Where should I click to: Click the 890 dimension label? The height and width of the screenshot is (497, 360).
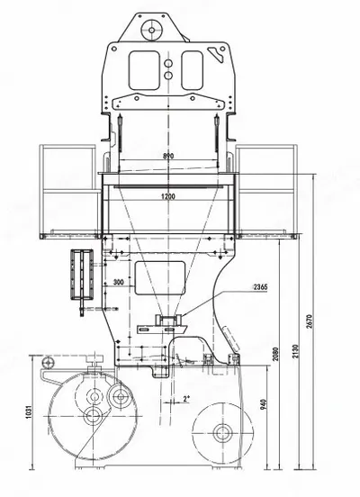(x=168, y=156)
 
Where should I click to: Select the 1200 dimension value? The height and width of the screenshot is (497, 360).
(x=168, y=196)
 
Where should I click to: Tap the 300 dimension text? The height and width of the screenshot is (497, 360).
(x=119, y=282)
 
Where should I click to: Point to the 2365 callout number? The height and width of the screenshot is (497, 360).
(x=260, y=287)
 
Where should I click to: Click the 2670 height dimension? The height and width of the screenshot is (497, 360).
(x=310, y=321)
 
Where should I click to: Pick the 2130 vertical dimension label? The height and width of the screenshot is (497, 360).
(x=295, y=351)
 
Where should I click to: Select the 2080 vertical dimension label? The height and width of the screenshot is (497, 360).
(x=275, y=355)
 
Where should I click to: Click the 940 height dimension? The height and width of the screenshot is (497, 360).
(x=263, y=404)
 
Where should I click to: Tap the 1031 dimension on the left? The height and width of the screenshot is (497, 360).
(x=29, y=411)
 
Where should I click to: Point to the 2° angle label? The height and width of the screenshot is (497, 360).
(x=186, y=399)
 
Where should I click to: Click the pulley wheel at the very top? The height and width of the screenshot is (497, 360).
(x=152, y=30)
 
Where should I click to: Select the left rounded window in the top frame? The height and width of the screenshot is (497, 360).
(x=144, y=70)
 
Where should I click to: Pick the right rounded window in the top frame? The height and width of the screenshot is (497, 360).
(x=193, y=70)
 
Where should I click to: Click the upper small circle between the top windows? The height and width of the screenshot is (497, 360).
(x=168, y=63)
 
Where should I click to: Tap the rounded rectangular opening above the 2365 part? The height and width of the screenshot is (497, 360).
(x=160, y=278)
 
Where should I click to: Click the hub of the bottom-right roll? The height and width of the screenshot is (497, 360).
(x=223, y=433)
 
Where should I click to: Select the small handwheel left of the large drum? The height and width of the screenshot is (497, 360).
(x=48, y=362)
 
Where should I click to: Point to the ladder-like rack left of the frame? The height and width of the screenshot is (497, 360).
(x=82, y=275)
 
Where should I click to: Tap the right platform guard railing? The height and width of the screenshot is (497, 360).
(x=266, y=192)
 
